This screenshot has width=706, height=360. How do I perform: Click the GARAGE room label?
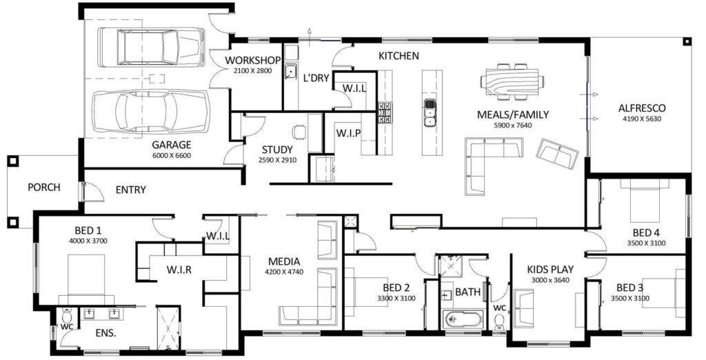click(171, 145)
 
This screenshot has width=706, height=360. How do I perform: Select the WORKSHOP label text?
click(252, 61)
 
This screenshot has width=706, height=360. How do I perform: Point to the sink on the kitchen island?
click(430, 112)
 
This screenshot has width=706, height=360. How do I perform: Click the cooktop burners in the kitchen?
click(385, 112)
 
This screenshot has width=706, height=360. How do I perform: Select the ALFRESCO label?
click(641, 108)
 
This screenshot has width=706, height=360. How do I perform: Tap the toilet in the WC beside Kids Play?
click(500, 321)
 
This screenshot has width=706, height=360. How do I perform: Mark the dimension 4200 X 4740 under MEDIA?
click(283, 272)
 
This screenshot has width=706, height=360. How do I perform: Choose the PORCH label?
click(44, 187)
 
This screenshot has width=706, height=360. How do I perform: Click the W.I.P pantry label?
click(349, 132)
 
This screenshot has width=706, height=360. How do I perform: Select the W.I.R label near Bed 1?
click(179, 270)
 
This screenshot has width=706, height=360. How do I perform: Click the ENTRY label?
click(130, 190)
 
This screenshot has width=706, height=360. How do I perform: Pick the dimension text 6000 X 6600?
click(171, 156)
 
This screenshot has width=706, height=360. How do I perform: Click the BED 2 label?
click(396, 288)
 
